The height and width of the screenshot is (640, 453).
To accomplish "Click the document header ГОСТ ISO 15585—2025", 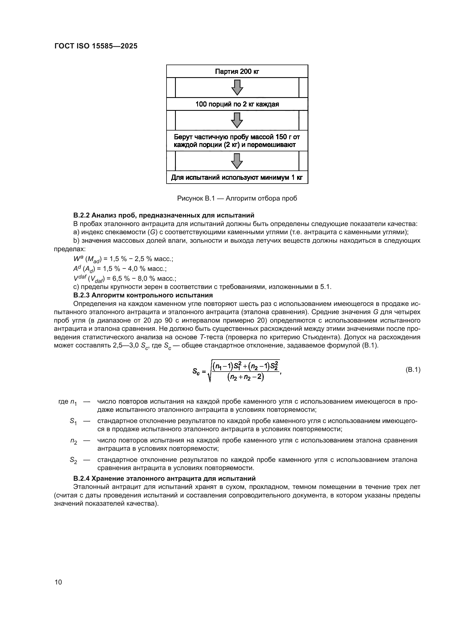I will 96,46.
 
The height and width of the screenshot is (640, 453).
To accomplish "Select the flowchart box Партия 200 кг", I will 237,72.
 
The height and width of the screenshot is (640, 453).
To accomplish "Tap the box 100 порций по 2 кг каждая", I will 237,104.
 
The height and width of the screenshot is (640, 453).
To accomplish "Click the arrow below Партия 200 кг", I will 237,87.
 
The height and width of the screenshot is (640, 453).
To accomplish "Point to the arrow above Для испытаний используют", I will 237,161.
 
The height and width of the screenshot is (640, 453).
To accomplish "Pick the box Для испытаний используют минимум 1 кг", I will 237,178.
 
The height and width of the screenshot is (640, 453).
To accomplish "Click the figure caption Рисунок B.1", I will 237,198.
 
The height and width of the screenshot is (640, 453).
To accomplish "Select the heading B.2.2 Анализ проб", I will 164,215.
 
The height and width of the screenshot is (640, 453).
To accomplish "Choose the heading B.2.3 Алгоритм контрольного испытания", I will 143,295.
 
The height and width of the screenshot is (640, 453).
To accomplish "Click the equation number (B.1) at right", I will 412,370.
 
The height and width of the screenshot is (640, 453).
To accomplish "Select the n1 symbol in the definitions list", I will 74,402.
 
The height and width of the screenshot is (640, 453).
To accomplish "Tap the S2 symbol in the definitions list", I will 73,460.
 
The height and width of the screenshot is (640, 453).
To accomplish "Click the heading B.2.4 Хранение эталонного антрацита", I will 164,479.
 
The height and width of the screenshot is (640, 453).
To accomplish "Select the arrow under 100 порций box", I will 237,120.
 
